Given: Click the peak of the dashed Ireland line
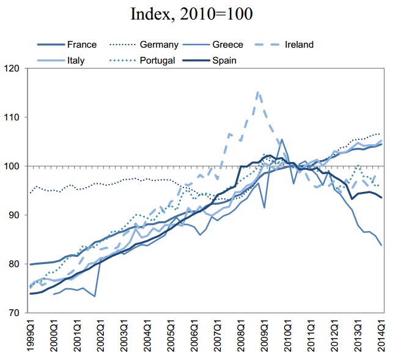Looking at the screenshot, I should click(258, 92).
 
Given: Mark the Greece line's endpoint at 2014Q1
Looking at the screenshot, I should click(382, 245).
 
